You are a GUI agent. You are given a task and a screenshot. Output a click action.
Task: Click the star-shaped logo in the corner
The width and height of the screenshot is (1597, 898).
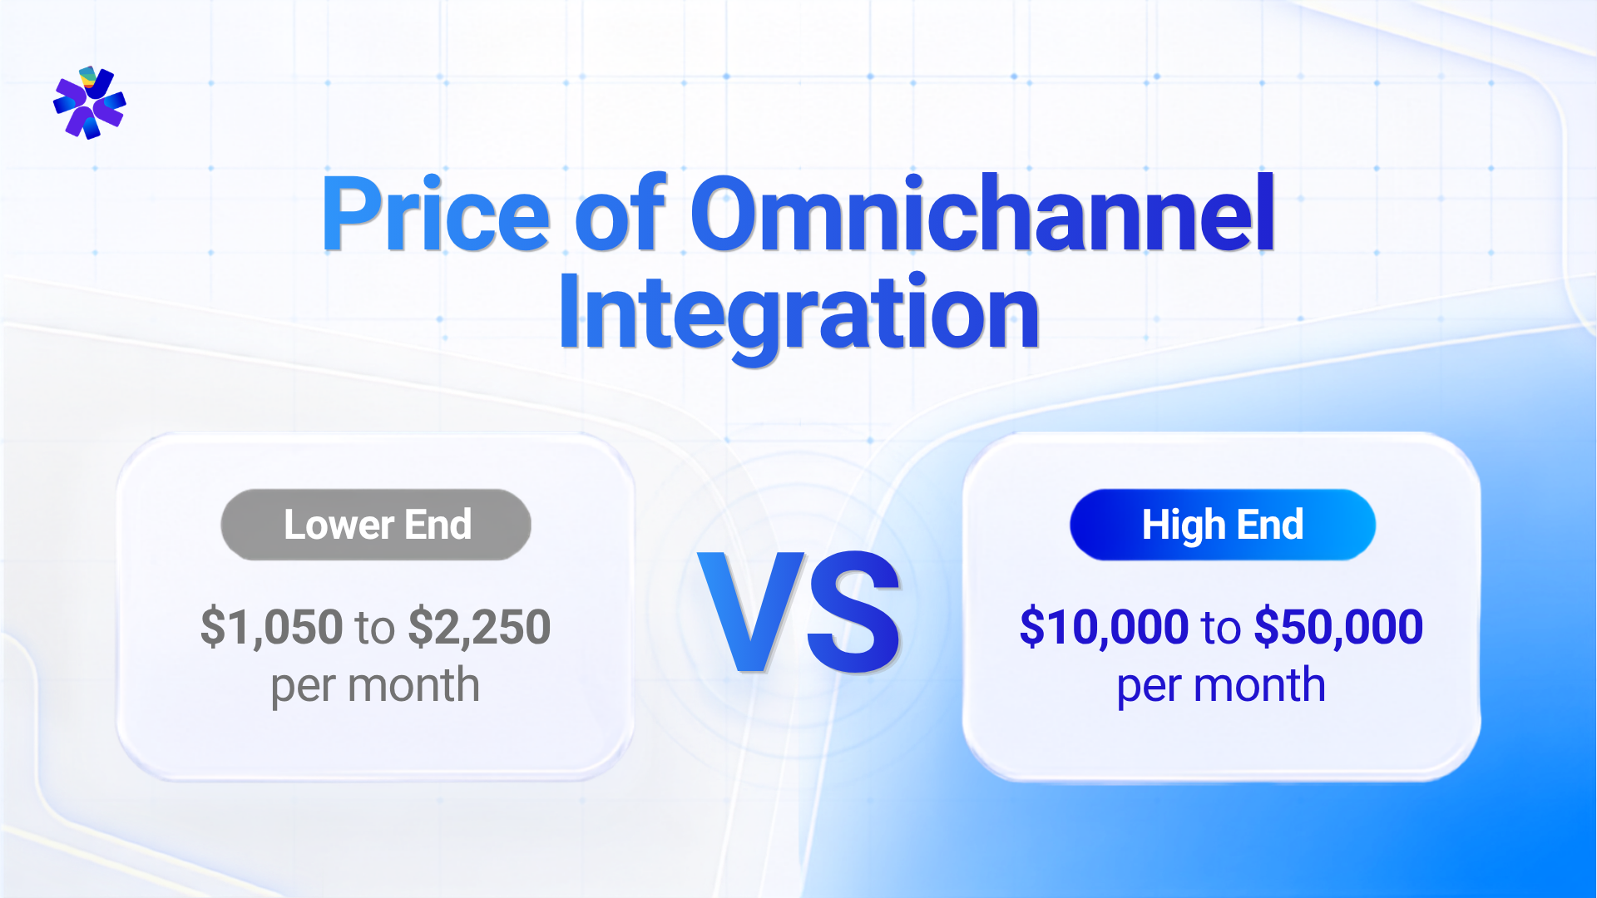pos(90,102)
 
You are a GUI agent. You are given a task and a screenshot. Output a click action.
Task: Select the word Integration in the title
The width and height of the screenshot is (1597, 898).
pos(798,314)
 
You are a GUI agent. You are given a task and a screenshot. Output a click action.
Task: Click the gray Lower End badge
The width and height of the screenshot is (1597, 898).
pos(376,525)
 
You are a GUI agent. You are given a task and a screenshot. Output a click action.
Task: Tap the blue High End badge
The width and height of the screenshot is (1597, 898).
pos(1223,525)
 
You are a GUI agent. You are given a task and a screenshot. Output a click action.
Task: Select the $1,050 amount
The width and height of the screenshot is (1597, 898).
pos(271,627)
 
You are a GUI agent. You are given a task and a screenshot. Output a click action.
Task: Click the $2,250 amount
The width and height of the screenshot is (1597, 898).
pos(480,627)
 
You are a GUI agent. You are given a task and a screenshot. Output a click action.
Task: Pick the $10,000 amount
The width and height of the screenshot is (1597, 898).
pos(1104,627)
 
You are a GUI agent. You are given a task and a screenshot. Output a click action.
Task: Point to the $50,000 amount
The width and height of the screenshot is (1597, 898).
pos(1338,627)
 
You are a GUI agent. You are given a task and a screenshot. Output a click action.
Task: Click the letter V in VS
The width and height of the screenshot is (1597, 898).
pos(752,611)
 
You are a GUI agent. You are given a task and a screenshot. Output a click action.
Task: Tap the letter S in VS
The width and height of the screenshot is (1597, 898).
pos(854,612)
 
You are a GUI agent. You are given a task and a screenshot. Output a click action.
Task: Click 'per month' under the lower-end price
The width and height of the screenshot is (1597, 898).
pos(375,687)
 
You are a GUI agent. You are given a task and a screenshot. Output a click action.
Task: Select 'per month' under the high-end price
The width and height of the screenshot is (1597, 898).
pos(1221,687)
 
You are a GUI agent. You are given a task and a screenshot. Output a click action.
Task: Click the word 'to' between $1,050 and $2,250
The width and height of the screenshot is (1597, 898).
pos(375,629)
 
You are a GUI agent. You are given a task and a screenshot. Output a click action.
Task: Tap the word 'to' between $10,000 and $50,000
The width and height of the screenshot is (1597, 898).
pos(1221,629)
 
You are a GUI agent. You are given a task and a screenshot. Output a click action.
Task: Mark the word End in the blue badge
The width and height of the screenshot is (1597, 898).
pos(1270,525)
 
